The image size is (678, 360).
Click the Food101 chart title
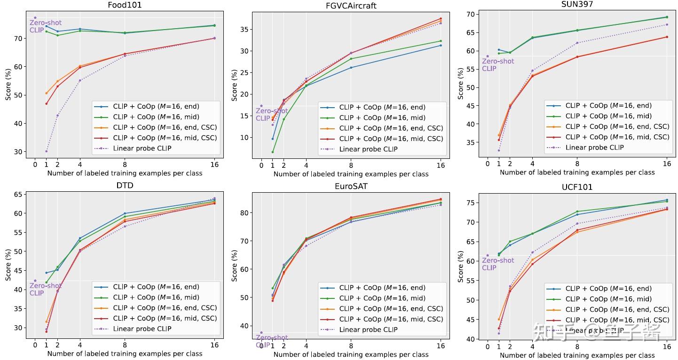coord(125,5)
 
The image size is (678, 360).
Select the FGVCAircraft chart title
coord(351,6)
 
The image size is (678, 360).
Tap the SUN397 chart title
coord(577,4)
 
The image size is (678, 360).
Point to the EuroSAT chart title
coord(351,187)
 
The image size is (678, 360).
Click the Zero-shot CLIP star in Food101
coord(35,18)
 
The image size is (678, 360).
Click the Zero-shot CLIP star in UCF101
coord(488,256)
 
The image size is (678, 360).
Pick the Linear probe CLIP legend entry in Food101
coord(142,148)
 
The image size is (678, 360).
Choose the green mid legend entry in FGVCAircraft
coord(382,118)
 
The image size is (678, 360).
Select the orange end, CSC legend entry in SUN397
coord(617,126)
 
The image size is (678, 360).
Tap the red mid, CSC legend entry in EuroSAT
coord(391,319)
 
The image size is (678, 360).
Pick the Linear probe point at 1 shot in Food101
coord(46,151)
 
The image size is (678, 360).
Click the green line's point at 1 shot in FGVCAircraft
coord(273,152)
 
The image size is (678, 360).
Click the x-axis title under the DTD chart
coord(125,354)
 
